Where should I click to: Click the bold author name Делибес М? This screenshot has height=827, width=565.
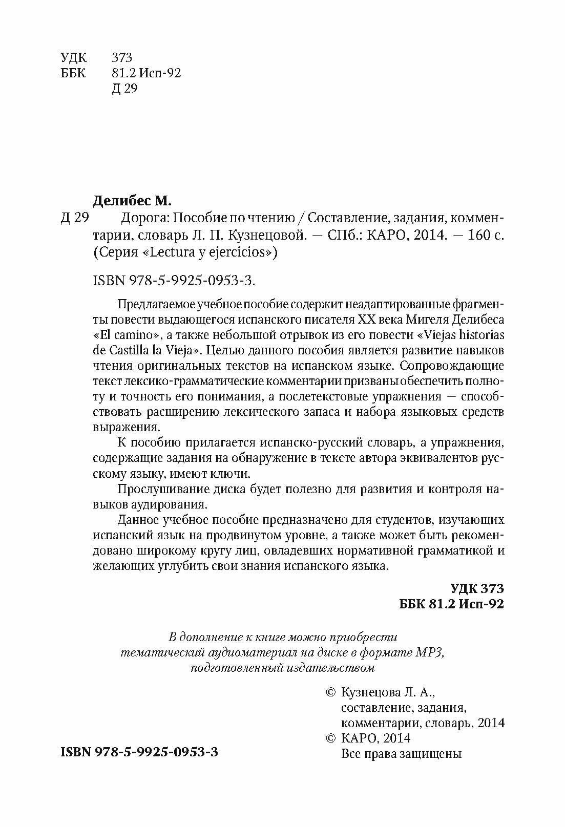click(x=135, y=199)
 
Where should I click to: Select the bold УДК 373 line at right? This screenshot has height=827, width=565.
click(x=477, y=587)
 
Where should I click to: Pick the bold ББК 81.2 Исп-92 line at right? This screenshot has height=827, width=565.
click(x=451, y=604)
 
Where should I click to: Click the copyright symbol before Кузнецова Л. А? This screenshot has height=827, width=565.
click(x=331, y=693)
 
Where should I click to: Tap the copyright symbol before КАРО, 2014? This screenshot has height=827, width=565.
click(x=331, y=738)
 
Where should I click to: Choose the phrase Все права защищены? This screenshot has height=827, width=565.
click(x=401, y=754)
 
